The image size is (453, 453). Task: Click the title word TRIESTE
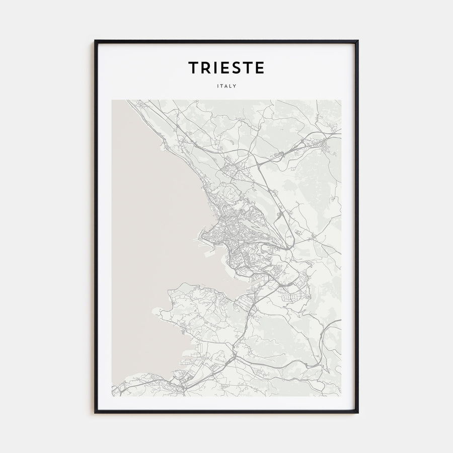tap(226, 67)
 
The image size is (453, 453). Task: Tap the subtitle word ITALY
tap(226, 86)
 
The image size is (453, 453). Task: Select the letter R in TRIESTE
tap(206, 67)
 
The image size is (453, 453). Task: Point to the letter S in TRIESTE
tap(235, 67)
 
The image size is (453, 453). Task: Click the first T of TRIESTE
tap(194, 67)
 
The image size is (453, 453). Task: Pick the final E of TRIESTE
tap(259, 67)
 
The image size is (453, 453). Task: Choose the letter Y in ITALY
tap(235, 86)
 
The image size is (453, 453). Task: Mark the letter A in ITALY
tap(226, 86)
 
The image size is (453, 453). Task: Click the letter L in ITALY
tap(231, 86)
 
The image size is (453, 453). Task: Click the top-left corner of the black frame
tap(95, 41)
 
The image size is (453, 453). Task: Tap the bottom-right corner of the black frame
tap(358, 413)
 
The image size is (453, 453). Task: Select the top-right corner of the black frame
tap(358, 41)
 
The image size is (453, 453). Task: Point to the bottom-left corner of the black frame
tap(95, 413)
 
